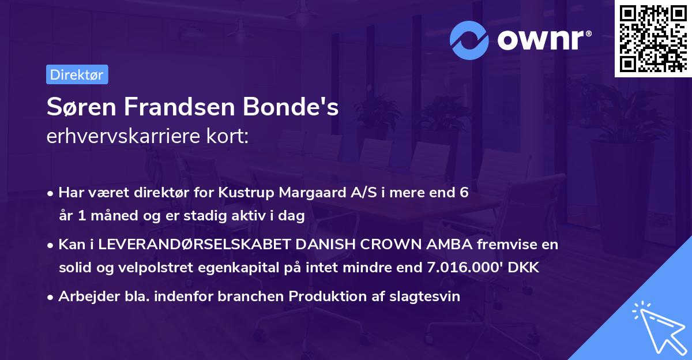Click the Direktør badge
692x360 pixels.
[x=77, y=74]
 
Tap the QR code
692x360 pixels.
[x=652, y=38]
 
